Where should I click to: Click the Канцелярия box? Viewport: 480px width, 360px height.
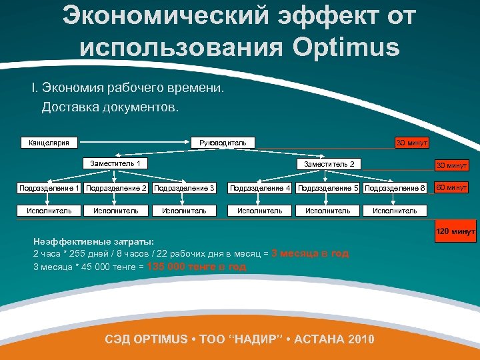tap(49, 142)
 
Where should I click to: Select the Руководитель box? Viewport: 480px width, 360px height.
tap(218, 142)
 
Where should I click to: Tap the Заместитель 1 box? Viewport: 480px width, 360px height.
tap(115, 163)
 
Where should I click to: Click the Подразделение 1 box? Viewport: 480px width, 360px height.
tap(49, 188)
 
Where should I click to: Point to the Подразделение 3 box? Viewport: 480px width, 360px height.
tap(184, 188)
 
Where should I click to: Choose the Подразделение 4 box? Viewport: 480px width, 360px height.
tap(260, 188)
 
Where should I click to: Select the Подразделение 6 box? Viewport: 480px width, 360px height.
tap(395, 188)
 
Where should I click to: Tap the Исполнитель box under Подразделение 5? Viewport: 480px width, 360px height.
tap(327, 211)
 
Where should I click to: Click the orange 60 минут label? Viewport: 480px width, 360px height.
tap(451, 187)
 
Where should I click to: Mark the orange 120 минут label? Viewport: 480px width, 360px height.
tap(455, 231)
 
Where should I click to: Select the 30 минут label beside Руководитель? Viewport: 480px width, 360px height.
tap(411, 143)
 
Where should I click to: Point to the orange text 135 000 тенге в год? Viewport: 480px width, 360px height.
tap(197, 267)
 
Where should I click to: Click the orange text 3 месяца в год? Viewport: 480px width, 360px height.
tap(310, 253)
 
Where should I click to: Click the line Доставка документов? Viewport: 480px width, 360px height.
tap(110, 107)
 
